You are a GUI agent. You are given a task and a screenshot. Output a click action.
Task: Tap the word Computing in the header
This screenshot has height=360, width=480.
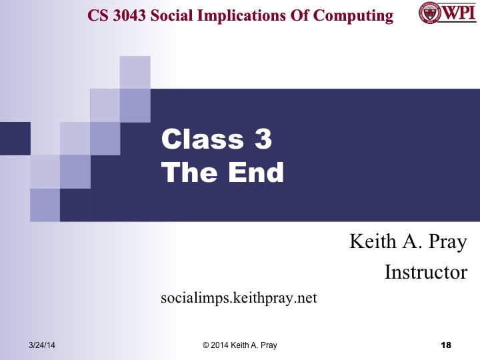pos(357,15)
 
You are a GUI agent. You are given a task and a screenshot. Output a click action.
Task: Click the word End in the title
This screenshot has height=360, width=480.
pos(256,173)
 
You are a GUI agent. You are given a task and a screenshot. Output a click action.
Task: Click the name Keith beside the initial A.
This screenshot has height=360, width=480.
pos(371,241)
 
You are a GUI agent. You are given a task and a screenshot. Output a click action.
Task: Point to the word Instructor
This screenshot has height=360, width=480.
pos(425,272)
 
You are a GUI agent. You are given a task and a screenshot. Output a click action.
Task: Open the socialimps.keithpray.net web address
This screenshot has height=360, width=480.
pos(239,297)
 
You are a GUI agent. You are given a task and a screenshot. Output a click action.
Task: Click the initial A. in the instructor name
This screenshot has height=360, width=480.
pos(407,241)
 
